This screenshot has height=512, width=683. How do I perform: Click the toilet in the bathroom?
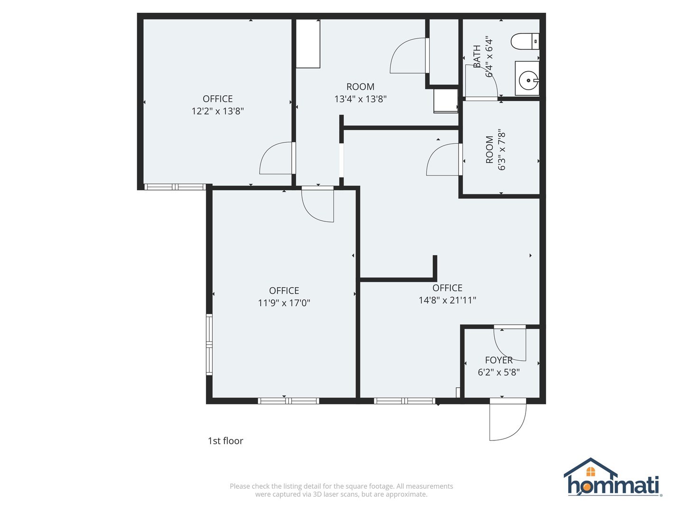pos(525,41)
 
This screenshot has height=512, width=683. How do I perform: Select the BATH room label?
pos(477,56)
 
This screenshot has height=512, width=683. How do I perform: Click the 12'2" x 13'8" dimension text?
pos(218,111)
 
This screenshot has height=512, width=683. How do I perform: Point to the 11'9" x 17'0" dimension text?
pos(284,303)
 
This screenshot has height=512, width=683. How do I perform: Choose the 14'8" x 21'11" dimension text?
pos(447,300)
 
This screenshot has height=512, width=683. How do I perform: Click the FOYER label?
pos(498,360)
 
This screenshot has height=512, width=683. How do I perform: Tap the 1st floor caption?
pos(225,441)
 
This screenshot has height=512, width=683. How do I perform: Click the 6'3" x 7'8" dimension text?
pos(502,150)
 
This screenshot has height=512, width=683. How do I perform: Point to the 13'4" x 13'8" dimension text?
pos(360,99)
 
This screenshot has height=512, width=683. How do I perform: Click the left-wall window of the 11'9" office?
pos(209,345)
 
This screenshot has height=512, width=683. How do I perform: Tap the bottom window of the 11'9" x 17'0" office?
pos(288,401)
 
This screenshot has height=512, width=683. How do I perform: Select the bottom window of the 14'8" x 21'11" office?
pos(404,401)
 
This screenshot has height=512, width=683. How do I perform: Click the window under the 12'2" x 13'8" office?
pos(175,187)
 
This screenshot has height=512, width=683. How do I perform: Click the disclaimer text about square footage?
pos(341,490)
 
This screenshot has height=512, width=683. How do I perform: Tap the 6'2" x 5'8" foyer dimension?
pos(498,373)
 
